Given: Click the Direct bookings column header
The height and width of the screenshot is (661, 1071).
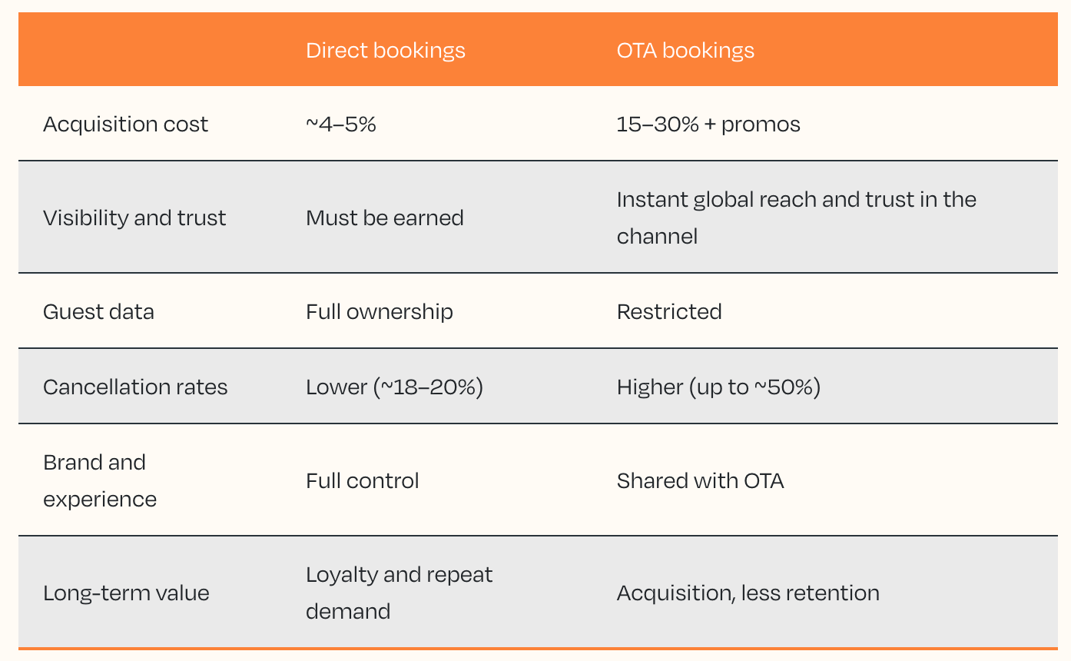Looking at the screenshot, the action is coord(386,51).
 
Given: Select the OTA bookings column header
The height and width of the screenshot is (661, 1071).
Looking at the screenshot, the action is coord(685,51).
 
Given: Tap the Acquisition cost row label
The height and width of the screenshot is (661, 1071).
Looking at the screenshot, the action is coord(125,125).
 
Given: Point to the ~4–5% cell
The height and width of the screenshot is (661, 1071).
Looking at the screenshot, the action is coord(341,125).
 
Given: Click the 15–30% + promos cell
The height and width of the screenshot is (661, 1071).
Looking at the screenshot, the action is coord(708,125).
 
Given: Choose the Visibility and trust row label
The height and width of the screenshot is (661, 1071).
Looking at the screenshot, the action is coord(134,218).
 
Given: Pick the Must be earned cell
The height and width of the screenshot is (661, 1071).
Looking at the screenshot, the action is coord(385,218).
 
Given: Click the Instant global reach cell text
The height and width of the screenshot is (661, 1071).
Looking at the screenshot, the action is coord(797,218).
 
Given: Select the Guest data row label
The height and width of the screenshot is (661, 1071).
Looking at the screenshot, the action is coord(98,312).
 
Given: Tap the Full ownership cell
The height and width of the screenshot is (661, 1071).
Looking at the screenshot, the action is coord(380,312).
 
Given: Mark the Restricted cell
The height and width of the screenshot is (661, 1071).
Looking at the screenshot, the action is coord(669,312).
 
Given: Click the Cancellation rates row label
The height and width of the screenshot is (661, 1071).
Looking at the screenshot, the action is coord(135,387).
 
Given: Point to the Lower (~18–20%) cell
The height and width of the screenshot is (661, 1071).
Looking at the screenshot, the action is coord(394,387).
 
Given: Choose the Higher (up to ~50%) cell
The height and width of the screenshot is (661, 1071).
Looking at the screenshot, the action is coord(718,387).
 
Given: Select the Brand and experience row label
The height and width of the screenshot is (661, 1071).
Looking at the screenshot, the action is coord(100,480).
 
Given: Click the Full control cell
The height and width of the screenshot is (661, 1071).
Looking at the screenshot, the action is coord(363,480).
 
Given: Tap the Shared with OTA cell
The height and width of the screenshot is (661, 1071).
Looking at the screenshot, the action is coord(701,480).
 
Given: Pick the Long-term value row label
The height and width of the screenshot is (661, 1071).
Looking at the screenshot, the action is coord(126,593).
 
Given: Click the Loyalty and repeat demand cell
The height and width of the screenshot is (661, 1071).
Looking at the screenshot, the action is coord(400,593).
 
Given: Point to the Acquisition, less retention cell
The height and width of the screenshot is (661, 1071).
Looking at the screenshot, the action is coord(748,593).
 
